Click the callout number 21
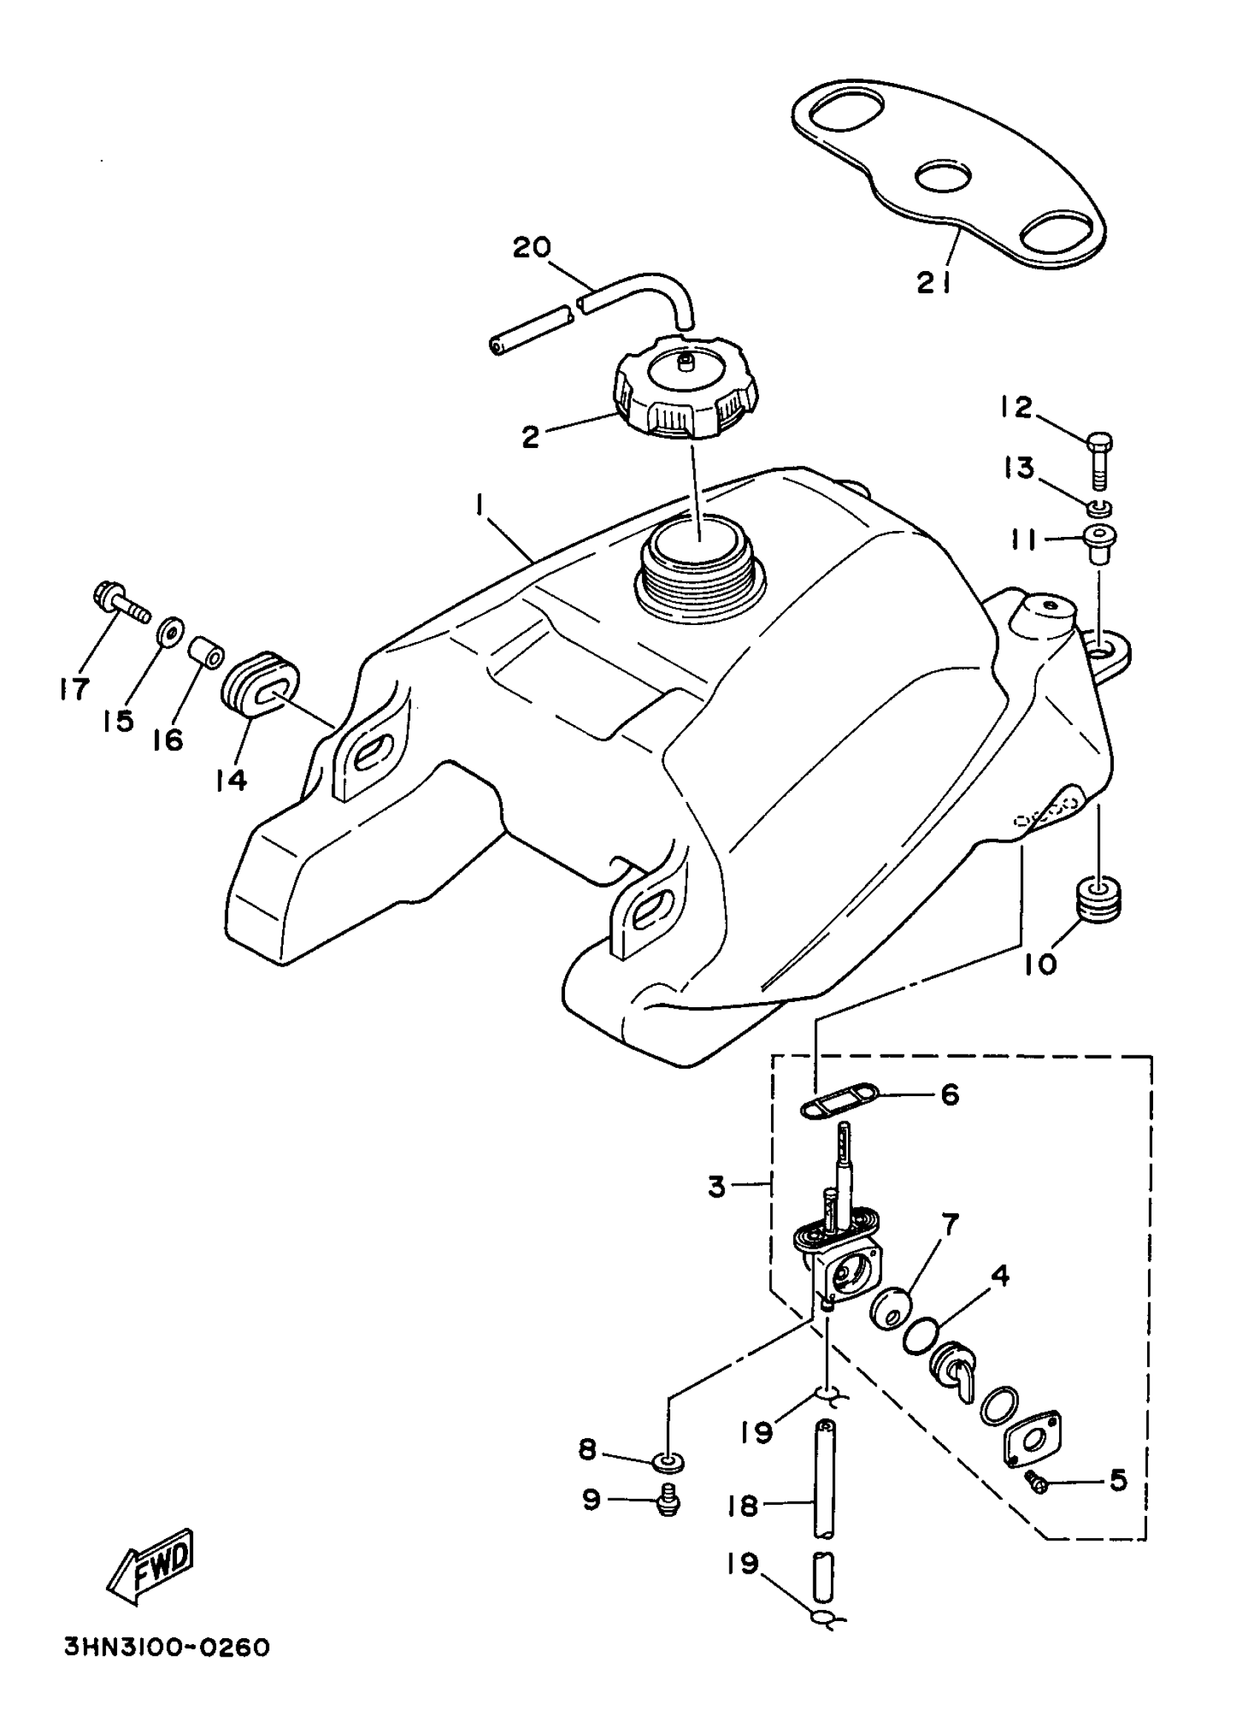[934, 283]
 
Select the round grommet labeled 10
[1097, 901]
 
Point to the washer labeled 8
[667, 1461]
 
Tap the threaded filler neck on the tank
[693, 565]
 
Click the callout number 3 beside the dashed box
[716, 1186]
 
